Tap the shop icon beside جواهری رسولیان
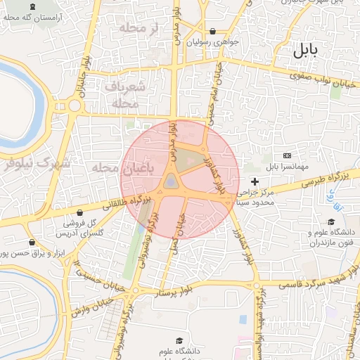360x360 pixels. (212, 31)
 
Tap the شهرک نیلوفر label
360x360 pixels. (35, 165)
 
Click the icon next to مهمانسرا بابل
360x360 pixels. (287, 155)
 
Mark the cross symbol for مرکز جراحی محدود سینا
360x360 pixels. (255, 182)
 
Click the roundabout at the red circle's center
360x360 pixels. (171, 184)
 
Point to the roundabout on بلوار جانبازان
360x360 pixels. (74, 105)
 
